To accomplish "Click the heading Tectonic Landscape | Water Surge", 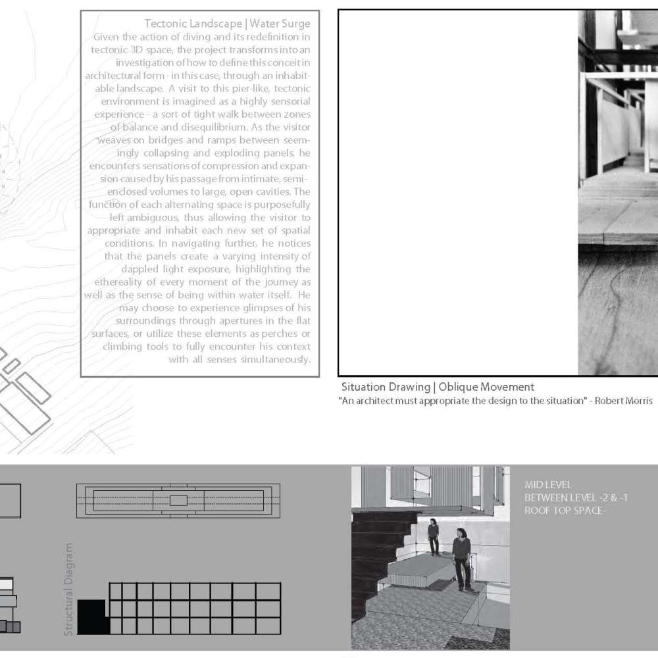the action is [228, 24].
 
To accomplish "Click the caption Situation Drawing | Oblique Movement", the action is [438, 387].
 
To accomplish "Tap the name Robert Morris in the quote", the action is [624, 401].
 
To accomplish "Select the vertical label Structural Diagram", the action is [68, 589].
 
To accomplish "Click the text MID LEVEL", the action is [547, 485].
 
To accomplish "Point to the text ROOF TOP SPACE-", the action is [565, 511].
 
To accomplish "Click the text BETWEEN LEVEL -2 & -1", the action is [576, 497].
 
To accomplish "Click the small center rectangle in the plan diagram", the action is [178, 501].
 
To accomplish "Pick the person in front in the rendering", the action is [463, 559].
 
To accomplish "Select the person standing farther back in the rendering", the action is [434, 537].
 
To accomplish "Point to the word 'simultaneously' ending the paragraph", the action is [275, 360].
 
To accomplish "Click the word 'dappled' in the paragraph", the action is [140, 269].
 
